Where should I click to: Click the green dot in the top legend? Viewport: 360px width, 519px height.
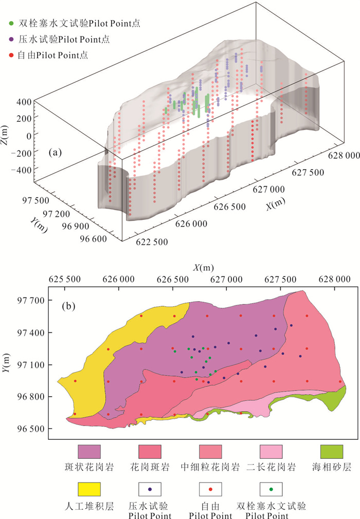tap(11, 23)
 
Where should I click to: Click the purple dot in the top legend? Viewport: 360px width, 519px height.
tap(11, 39)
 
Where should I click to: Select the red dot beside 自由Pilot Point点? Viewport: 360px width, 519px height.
tap(11, 54)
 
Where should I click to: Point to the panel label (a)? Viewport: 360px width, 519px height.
tap(56, 153)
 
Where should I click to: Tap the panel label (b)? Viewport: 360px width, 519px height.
tap(68, 307)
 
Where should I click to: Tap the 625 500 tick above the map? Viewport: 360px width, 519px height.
tap(67, 280)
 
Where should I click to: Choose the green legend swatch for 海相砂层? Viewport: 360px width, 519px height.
tap(332, 453)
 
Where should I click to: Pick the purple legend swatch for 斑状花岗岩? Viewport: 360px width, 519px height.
tap(89, 453)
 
